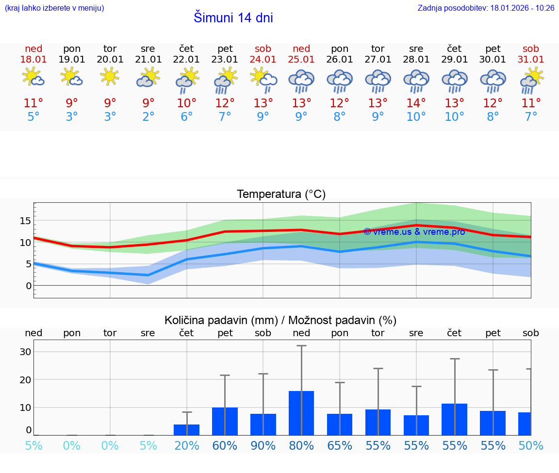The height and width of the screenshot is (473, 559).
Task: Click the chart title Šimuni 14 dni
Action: pyautogui.click(x=233, y=18)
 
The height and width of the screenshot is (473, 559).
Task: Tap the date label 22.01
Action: pyautogui.click(x=186, y=60)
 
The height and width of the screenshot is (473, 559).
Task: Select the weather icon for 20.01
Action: pyautogui.click(x=110, y=77)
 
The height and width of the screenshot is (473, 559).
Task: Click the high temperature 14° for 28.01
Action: pyautogui.click(x=416, y=103)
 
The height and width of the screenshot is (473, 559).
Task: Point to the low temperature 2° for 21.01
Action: pyautogui.click(x=148, y=117)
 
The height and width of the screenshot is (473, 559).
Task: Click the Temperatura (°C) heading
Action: pyautogui.click(x=281, y=195)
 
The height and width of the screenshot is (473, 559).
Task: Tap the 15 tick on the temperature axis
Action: pyautogui.click(x=25, y=221)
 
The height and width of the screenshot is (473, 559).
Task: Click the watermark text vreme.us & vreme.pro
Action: pyautogui.click(x=414, y=232)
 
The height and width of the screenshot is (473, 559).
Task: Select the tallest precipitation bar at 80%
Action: pyautogui.click(x=301, y=413)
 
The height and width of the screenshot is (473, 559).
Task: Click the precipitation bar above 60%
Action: pyautogui.click(x=225, y=421)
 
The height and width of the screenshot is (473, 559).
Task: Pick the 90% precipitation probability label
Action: pyautogui.click(x=263, y=446)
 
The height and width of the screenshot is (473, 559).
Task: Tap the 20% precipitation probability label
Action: pyautogui.click(x=186, y=446)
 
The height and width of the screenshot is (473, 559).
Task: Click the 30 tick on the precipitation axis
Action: pyautogui.click(x=25, y=352)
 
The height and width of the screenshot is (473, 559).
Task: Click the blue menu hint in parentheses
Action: pyautogui.click(x=54, y=8)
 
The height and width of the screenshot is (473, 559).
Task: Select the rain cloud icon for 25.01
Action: pyautogui.click(x=301, y=81)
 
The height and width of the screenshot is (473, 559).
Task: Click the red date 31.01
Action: pyautogui.click(x=531, y=60)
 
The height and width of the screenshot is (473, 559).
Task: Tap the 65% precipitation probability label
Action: pyautogui.click(x=340, y=446)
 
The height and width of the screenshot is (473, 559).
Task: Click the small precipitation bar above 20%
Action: pyautogui.click(x=186, y=430)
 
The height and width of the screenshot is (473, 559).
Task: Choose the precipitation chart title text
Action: pyautogui.click(x=280, y=320)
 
